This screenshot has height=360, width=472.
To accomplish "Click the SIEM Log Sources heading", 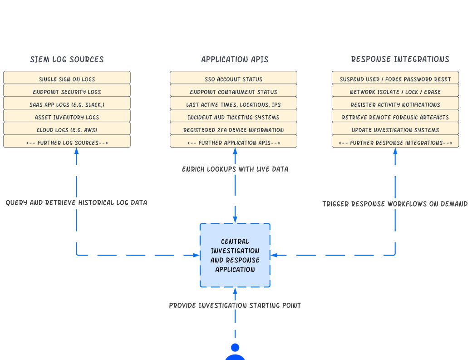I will (67, 59).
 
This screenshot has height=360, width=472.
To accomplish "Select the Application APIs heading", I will (234, 59).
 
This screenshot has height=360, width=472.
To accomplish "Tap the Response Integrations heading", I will (400, 59).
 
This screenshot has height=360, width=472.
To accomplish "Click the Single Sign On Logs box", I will (67, 79).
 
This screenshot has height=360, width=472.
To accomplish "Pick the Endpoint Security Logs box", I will (67, 92).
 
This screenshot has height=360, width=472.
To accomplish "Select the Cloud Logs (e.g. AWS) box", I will (67, 130).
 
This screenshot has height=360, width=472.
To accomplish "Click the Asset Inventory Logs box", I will (67, 117).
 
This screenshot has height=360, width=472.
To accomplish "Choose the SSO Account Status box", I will (233, 79).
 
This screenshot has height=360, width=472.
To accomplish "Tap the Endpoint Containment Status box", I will (233, 92).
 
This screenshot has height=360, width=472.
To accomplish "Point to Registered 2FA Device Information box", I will (233, 130).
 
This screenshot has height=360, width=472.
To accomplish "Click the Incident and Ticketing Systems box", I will (233, 117).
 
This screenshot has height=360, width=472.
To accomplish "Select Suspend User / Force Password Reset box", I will (395, 79).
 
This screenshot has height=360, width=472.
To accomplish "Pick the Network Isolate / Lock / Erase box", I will (395, 92).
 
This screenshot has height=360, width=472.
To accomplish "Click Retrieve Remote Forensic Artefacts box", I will (395, 117).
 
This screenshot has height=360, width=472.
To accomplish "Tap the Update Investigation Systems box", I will (395, 130).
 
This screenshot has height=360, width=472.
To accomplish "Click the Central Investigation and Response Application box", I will (235, 255).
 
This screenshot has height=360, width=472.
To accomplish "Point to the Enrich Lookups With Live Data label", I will (235, 169).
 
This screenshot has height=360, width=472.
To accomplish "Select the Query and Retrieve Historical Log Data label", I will (76, 202).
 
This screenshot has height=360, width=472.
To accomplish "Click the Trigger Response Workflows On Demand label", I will (395, 204).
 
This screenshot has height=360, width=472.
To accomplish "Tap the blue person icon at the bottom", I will (235, 352).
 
